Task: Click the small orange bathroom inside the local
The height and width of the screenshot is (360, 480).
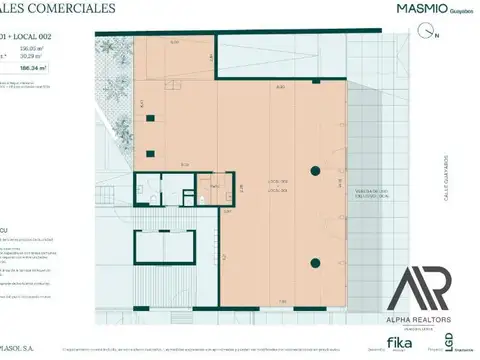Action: (x=210, y=187)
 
